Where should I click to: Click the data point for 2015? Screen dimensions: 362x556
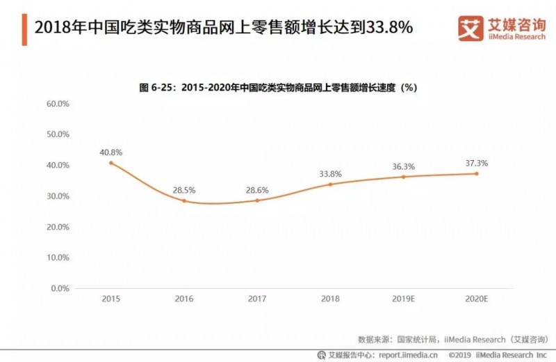pyautogui.click(x=111, y=163)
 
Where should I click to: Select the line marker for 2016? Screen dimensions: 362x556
pyautogui.click(x=184, y=200)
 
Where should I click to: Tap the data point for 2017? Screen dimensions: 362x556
pyautogui.click(x=257, y=200)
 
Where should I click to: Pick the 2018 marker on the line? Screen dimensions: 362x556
pyautogui.click(x=330, y=184)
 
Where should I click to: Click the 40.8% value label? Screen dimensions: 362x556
pyautogui.click(x=111, y=150)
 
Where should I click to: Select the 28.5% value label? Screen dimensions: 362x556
pyautogui.click(x=184, y=189)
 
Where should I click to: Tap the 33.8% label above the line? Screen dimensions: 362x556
pyautogui.click(x=330, y=173)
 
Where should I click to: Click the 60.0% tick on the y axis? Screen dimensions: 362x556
pyautogui.click(x=58, y=104)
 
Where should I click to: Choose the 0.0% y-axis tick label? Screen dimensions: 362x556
pyautogui.click(x=60, y=288)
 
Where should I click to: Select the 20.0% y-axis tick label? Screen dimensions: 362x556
pyautogui.click(x=58, y=227)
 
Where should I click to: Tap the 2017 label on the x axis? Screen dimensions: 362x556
pyautogui.click(x=257, y=299)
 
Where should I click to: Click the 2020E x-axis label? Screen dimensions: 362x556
pyautogui.click(x=476, y=299)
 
